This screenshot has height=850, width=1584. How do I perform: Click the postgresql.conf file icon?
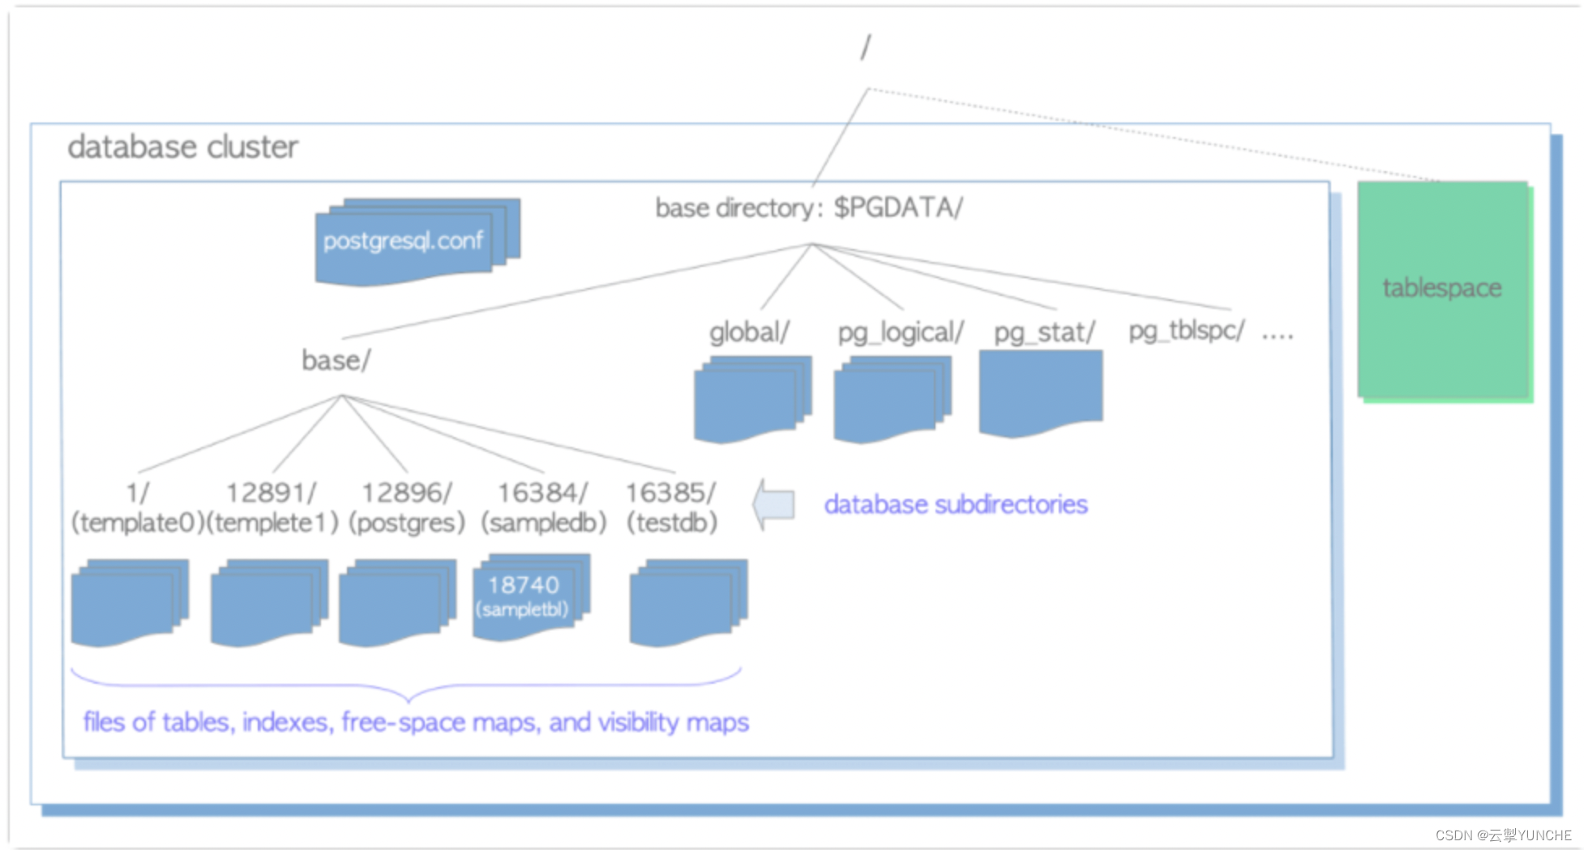pyautogui.click(x=417, y=242)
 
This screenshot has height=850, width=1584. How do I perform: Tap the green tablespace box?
pyautogui.click(x=1445, y=291)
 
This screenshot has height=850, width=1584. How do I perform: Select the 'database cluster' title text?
pyautogui.click(x=183, y=148)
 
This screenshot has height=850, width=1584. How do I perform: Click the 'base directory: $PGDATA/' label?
pyautogui.click(x=809, y=208)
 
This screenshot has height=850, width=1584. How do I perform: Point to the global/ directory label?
pyautogui.click(x=749, y=333)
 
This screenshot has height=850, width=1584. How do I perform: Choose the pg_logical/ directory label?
pyautogui.click(x=901, y=333)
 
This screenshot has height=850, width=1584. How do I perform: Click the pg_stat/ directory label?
pyautogui.click(x=1044, y=333)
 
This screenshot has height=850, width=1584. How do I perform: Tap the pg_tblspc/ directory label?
pyautogui.click(x=1186, y=331)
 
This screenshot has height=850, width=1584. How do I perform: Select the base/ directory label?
pyautogui.click(x=336, y=360)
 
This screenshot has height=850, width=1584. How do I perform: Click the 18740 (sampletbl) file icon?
pyautogui.click(x=531, y=598)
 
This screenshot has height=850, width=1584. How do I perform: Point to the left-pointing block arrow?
pyautogui.click(x=773, y=504)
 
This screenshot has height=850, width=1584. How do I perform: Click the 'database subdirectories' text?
pyautogui.click(x=956, y=504)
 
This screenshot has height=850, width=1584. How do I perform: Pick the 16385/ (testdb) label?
pyautogui.click(x=671, y=508)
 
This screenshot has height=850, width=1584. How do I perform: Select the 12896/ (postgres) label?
pyautogui.click(x=407, y=508)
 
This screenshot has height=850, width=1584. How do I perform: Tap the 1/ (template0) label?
pyautogui.click(x=135, y=508)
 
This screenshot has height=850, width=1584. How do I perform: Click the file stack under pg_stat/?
pyautogui.click(x=1041, y=393)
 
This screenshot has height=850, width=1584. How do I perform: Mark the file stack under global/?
pyautogui.click(x=753, y=400)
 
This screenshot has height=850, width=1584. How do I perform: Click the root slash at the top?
pyautogui.click(x=866, y=47)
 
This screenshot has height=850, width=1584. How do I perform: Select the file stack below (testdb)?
pyautogui.click(x=689, y=603)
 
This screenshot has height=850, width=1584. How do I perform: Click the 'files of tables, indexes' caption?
pyautogui.click(x=416, y=722)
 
